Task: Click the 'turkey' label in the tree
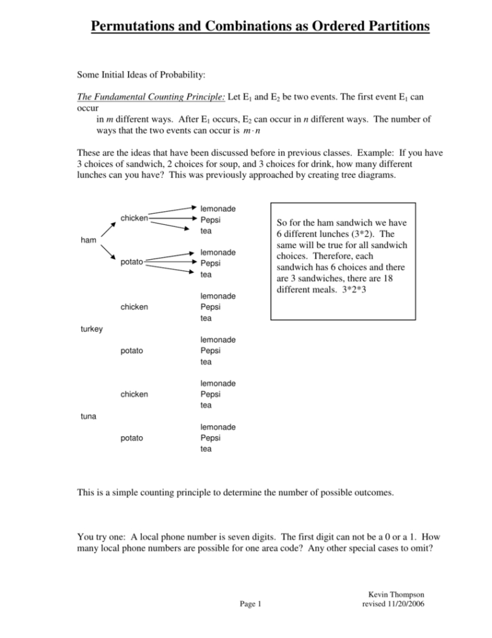pyautogui.click(x=91, y=328)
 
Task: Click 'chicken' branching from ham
pyautogui.click(x=134, y=218)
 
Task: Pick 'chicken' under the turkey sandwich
pyautogui.click(x=134, y=307)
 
